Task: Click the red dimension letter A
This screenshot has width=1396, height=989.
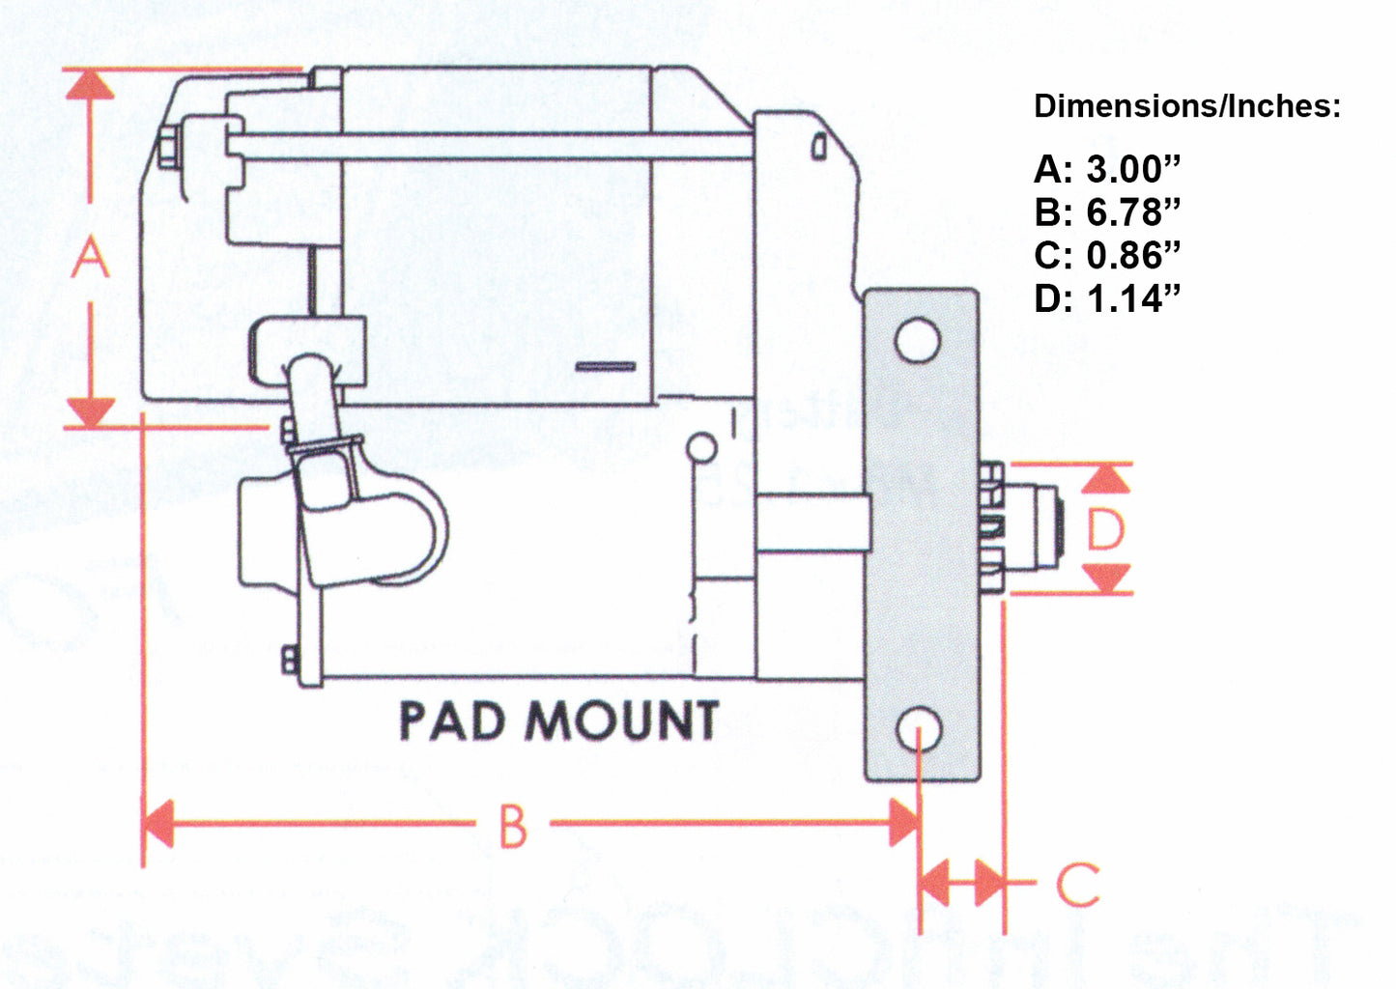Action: (90, 258)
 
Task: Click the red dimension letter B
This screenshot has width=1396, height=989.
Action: (513, 827)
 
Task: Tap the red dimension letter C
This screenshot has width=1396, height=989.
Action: (1077, 884)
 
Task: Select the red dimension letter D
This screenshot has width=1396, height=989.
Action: (1106, 529)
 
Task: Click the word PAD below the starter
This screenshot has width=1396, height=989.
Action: (452, 721)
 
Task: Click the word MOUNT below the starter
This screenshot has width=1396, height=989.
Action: (625, 721)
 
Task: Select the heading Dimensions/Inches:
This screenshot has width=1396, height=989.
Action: (1187, 106)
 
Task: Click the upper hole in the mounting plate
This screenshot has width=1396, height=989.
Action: (917, 340)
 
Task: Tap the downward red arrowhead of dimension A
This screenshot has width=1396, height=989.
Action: (90, 411)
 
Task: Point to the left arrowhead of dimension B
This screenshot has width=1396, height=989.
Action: (157, 824)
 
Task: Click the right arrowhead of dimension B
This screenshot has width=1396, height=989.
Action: (903, 824)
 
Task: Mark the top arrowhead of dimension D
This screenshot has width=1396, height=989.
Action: (1106, 478)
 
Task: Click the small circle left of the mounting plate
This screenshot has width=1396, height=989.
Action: (702, 448)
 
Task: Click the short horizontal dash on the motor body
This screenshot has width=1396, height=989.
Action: (606, 367)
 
